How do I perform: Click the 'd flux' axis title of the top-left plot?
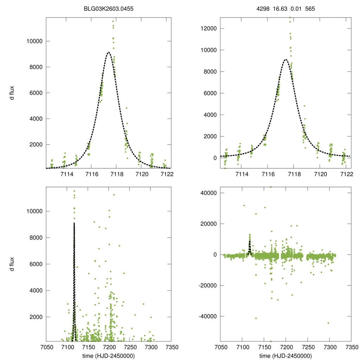coord(12,93)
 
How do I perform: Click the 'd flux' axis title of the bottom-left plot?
coord(12,264)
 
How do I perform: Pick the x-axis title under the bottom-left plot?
coord(108,356)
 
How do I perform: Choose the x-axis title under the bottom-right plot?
coord(286,356)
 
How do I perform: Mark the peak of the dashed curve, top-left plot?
coord(109,52)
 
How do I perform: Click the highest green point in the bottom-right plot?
coord(270,187)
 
